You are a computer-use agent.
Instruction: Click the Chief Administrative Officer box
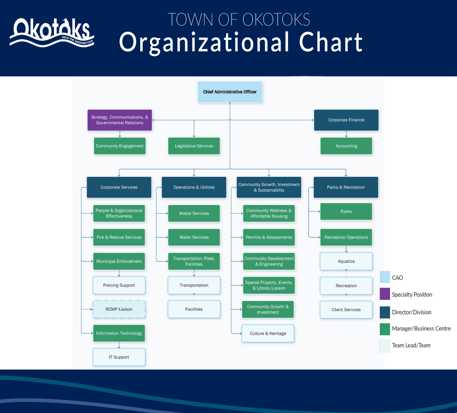click(230, 92)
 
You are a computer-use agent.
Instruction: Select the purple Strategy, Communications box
click(120, 120)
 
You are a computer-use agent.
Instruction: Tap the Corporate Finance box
click(346, 120)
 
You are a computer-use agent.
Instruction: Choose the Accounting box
click(346, 146)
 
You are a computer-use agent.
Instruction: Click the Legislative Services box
click(194, 146)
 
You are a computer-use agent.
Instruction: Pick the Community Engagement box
click(120, 146)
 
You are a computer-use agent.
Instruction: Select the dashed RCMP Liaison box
click(119, 309)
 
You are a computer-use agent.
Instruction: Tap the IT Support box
click(119, 357)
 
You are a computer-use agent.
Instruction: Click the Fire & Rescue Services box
click(119, 237)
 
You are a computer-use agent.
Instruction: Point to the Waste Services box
click(194, 213)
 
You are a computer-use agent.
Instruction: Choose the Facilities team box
click(194, 309)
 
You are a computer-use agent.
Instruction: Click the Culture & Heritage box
click(268, 333)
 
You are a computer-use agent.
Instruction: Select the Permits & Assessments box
click(269, 237)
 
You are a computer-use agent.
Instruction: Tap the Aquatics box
click(346, 261)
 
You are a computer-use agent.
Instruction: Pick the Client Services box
click(346, 310)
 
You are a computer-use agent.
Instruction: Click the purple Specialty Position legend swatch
click(385, 294)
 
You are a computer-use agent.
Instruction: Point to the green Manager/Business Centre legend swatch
click(385, 329)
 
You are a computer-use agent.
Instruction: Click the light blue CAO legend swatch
click(385, 277)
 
